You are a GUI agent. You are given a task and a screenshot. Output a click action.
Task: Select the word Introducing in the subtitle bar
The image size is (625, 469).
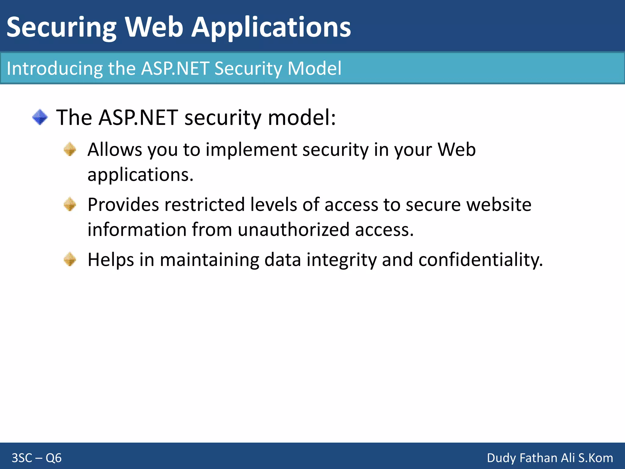(55, 68)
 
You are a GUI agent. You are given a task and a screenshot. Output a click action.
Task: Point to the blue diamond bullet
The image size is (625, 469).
(40, 117)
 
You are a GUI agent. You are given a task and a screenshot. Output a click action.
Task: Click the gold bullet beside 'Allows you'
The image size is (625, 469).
(70, 149)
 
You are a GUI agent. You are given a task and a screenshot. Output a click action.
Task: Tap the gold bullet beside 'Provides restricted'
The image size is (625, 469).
(70, 204)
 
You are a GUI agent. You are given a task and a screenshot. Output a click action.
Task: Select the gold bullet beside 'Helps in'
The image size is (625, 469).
(70, 259)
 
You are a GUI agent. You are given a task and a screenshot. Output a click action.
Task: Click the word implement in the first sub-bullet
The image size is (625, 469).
(251, 150)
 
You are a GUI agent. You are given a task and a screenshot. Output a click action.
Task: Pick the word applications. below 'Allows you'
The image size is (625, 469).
(140, 175)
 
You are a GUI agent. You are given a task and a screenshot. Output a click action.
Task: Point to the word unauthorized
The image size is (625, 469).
(293, 230)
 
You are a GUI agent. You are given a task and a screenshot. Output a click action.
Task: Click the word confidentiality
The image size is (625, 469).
(480, 260)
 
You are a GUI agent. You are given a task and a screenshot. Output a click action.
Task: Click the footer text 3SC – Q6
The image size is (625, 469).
(37, 458)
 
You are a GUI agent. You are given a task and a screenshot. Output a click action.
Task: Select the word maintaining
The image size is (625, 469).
(209, 260)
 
